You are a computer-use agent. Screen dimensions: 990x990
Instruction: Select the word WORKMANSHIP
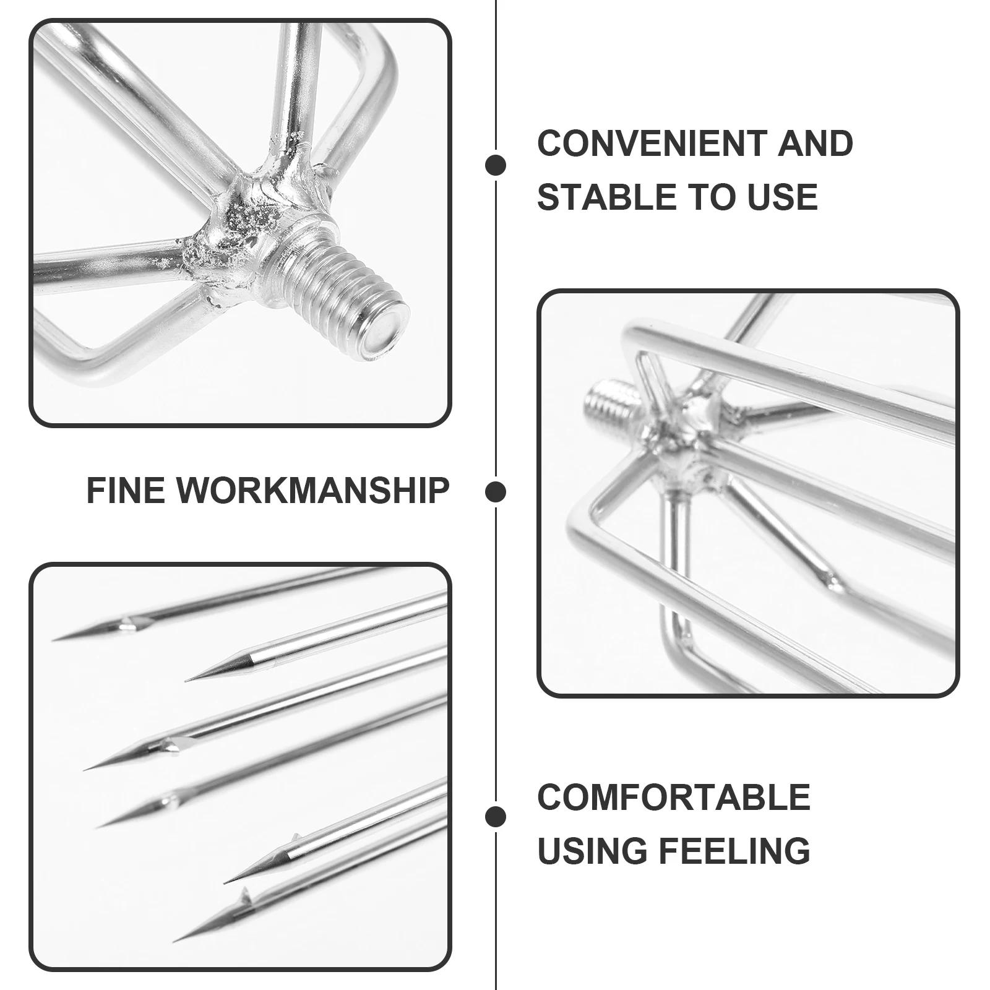pos(313,491)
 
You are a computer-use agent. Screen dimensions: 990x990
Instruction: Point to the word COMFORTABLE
pos(673,797)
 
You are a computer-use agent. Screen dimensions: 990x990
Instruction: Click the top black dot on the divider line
pos(496,165)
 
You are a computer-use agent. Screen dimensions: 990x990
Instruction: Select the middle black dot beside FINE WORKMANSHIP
pos(496,492)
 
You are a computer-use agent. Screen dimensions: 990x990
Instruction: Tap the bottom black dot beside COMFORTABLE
pos(496,817)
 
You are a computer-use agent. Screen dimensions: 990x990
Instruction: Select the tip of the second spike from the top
pos(187,680)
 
